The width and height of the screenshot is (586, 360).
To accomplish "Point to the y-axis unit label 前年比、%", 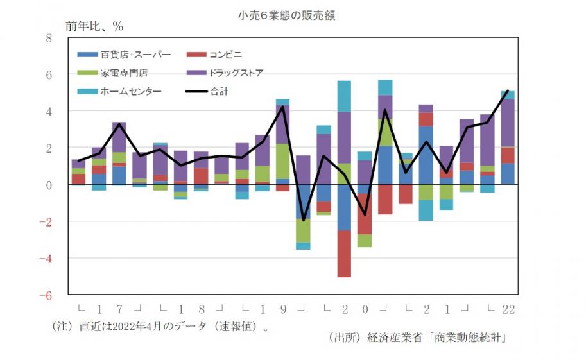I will pos(94,27).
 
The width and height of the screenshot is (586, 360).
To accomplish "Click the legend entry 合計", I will pos(219,91).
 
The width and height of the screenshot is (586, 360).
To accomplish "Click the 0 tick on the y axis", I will pos(49,185).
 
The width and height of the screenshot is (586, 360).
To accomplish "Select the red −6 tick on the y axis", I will pos(46,295).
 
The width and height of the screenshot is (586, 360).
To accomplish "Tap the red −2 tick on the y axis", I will pos(46,221).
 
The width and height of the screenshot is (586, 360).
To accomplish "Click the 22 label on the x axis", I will pos(508,309).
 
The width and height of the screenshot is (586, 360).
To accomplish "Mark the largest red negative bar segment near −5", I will pos(345,253).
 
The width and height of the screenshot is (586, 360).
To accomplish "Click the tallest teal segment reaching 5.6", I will pos(345,96).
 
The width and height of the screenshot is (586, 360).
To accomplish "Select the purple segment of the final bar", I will pos(508,123).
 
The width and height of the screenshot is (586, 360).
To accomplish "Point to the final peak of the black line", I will pos(508,90).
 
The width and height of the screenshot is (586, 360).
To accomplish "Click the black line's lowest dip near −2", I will pos(304,220).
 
